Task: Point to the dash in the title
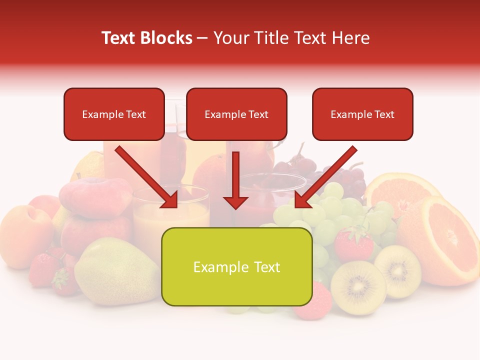[202, 38]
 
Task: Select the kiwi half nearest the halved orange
[398, 270]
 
